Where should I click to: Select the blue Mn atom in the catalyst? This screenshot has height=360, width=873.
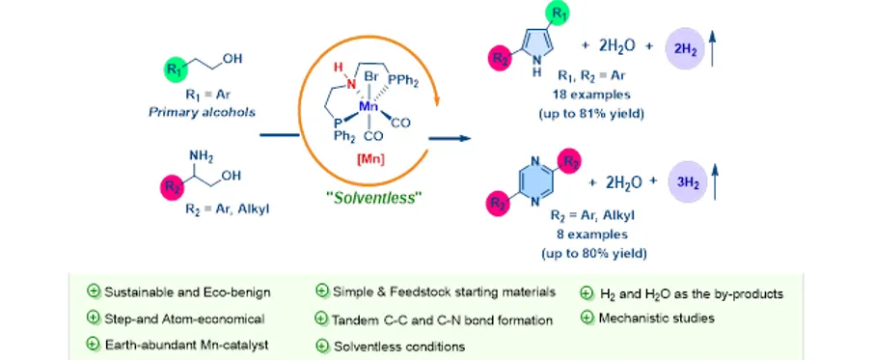coord(368,106)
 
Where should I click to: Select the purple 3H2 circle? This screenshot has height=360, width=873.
coord(688,181)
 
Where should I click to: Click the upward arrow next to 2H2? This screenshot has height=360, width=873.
coord(713,48)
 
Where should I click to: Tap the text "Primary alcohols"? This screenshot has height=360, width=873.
coord(202,113)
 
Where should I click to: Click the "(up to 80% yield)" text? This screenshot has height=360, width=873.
coord(593,254)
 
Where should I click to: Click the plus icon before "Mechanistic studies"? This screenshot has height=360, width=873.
coord(586,318)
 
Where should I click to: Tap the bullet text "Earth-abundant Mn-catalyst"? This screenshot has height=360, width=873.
coord(186,345)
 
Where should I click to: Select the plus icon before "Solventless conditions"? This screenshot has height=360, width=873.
coord(322,346)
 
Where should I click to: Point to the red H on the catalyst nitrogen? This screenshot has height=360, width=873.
coord(337,68)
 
